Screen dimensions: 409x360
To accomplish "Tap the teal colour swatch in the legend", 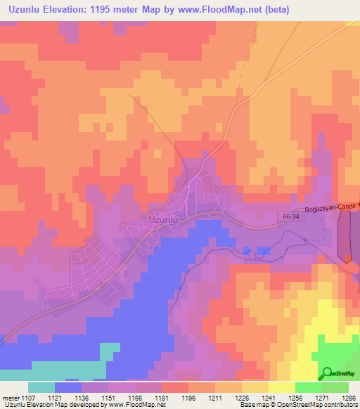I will [x=41, y=387].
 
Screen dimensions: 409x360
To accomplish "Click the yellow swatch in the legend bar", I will [x=281, y=387].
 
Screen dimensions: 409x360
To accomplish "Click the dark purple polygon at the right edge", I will [x=345, y=235].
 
